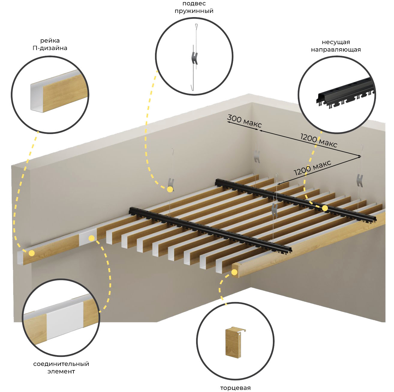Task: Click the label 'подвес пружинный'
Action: click(194, 7)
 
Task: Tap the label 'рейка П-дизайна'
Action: click(50, 44)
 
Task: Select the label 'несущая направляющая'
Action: click(336, 46)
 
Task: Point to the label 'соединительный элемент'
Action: click(61, 367)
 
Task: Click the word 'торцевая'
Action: click(235, 388)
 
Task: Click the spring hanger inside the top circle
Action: click(195, 57)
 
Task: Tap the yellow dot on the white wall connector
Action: click(91, 238)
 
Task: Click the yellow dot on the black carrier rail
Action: click(325, 208)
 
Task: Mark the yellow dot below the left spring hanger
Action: click(170, 190)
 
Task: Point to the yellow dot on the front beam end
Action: click(234, 272)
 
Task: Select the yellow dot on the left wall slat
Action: click(32, 253)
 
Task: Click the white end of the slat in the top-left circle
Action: click(37, 97)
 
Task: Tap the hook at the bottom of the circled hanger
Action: click(193, 88)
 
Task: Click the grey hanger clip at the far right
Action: click(360, 181)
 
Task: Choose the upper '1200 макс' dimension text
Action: click(318, 140)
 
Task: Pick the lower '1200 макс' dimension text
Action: click(312, 168)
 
